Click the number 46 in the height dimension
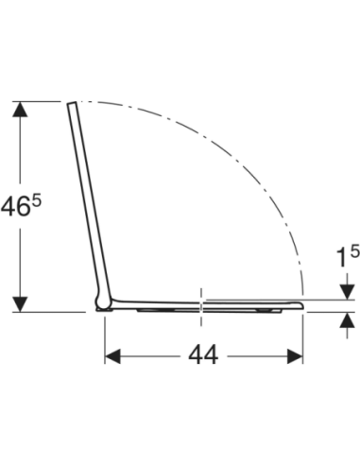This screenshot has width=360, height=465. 15,207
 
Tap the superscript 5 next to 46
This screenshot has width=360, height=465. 37,200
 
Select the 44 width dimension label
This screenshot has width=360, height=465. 203,355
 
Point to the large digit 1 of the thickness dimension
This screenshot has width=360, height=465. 342,258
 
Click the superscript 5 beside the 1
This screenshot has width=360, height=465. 354,251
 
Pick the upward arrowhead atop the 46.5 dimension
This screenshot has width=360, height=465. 20,109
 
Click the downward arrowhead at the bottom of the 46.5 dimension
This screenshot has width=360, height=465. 20,304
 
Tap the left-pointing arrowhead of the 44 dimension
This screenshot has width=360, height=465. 112,356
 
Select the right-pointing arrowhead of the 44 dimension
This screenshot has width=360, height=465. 295,356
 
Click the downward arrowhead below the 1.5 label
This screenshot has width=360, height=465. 347,292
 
